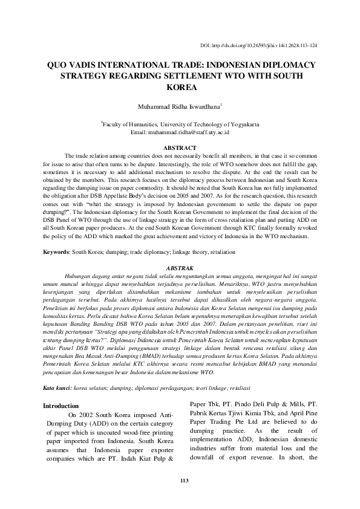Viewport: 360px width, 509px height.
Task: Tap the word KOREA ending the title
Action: [x=180, y=87]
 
